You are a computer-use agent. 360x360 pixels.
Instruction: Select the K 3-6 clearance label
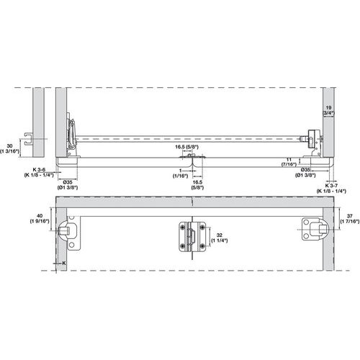(40, 171)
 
